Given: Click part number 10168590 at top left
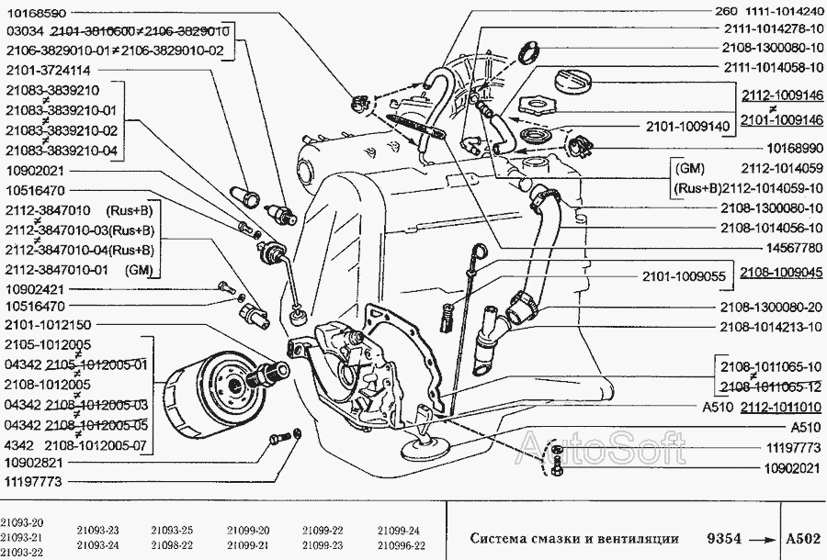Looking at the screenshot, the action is point(37,12).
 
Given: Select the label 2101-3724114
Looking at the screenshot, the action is point(49,70).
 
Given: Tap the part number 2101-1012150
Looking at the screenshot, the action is point(48,324).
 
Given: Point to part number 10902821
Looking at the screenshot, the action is point(34,463).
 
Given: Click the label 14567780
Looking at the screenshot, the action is point(792,247).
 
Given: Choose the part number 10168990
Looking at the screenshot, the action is point(793,149).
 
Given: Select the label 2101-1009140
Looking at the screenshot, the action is point(688,127).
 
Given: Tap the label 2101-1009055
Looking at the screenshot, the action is point(684,276).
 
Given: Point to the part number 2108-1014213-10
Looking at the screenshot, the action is point(772,327).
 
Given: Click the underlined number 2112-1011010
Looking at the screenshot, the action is point(781,408).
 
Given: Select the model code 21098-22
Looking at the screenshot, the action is point(172,545).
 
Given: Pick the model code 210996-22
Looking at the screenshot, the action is point(402,545).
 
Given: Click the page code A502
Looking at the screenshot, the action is point(803,538).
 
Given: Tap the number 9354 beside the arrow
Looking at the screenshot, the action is point(724,538).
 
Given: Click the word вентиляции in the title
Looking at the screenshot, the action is point(638,538).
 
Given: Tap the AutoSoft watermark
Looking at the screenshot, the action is point(601,447).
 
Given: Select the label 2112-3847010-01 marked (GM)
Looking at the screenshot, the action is point(79,270).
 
